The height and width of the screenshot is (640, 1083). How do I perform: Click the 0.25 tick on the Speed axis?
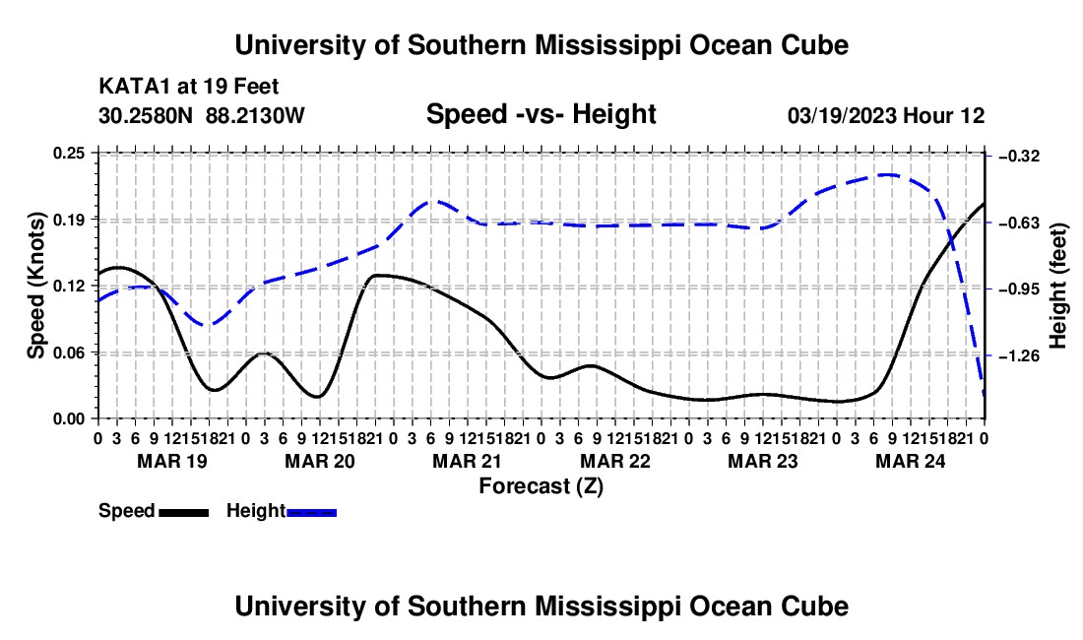(68, 153)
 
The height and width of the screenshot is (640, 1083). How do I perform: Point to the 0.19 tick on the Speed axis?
(68, 220)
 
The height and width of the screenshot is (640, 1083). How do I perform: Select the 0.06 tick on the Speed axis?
(68, 352)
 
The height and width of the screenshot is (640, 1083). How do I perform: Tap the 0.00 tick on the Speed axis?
(68, 419)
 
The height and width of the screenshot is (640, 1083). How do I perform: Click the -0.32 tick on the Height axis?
(1019, 156)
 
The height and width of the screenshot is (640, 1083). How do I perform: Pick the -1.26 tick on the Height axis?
(1019, 355)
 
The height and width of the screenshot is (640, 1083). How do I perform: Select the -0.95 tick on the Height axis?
(1019, 288)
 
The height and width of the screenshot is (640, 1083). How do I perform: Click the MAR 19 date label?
(172, 461)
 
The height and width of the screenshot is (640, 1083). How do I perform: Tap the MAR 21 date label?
(468, 461)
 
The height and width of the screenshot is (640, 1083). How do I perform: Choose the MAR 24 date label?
(911, 461)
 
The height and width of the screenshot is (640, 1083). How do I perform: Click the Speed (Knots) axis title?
(35, 286)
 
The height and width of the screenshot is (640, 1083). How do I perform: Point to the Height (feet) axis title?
(1058, 286)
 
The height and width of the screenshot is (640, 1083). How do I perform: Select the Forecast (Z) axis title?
(541, 486)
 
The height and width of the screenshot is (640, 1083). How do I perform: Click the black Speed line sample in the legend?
(184, 513)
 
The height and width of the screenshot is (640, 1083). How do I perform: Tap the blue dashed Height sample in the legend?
(311, 513)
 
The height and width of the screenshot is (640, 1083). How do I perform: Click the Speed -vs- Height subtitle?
(541, 114)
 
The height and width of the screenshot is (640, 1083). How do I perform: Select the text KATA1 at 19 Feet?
(189, 87)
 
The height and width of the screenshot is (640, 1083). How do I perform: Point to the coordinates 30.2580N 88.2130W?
(202, 115)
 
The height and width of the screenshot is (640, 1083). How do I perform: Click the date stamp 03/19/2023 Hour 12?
(886, 116)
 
